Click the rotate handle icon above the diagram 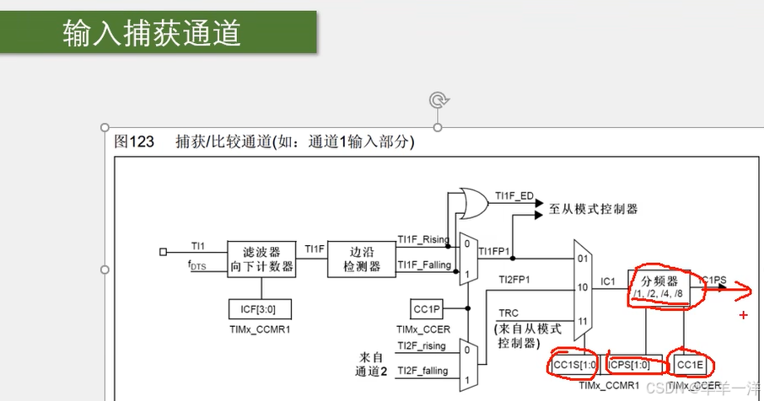click(x=438, y=101)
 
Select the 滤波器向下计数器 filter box click(x=268, y=259)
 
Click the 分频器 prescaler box click(x=660, y=287)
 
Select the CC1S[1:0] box click(x=574, y=365)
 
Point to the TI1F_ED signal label click(x=514, y=196)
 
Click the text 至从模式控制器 click(x=593, y=208)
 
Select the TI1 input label click(x=197, y=246)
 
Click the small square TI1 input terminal click(x=164, y=251)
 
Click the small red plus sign click(x=743, y=315)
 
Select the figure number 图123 click(x=134, y=142)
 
